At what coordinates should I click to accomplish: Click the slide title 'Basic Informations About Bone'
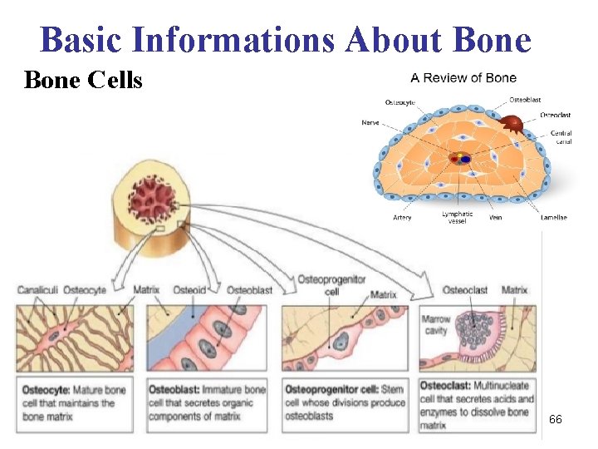click(285, 39)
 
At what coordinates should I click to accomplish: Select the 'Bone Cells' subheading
click(83, 80)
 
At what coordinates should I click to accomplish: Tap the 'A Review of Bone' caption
click(463, 78)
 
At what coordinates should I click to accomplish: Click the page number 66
click(555, 420)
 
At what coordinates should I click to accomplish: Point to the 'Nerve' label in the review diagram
click(370, 122)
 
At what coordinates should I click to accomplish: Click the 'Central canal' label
click(561, 137)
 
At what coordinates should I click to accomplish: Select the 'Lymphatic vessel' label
click(457, 217)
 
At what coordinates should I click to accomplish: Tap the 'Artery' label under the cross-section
click(402, 218)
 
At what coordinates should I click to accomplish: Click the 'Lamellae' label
click(553, 218)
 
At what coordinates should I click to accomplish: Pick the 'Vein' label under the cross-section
click(495, 218)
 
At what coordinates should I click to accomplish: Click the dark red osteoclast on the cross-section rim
click(512, 125)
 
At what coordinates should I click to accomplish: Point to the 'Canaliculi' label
click(37, 290)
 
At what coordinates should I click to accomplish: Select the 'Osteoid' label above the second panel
click(189, 290)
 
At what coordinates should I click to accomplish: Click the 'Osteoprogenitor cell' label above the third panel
click(331, 284)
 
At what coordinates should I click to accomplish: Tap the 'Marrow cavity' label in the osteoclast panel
click(435, 325)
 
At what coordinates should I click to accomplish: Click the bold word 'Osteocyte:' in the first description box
click(47, 389)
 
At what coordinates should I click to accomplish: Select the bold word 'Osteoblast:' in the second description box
click(174, 389)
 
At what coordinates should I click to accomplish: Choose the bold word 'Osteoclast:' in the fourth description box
click(448, 386)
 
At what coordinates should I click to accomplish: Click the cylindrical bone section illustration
click(155, 208)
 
